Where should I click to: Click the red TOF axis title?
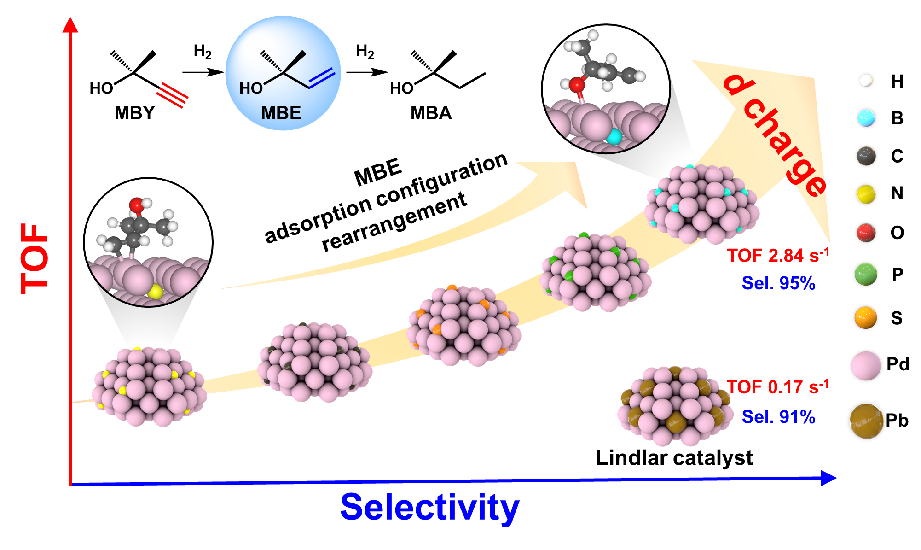(x=35, y=259)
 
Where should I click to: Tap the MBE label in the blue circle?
(x=281, y=113)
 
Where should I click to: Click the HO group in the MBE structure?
(x=251, y=88)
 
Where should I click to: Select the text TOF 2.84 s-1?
(x=778, y=256)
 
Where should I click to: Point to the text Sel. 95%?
(x=778, y=283)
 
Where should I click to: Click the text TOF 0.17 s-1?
(x=778, y=387)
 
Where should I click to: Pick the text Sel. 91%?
(x=778, y=417)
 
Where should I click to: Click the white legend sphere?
(x=866, y=80)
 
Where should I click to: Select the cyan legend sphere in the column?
(x=866, y=118)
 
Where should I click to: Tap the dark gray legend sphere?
(x=866, y=156)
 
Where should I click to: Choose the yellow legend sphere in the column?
(x=866, y=194)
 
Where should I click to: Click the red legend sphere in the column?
(x=866, y=233)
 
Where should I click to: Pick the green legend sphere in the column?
(x=866, y=275)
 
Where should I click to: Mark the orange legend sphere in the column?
(x=866, y=317)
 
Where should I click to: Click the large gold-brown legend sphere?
(x=867, y=421)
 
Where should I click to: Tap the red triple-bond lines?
(x=172, y=95)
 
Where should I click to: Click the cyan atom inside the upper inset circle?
(x=614, y=136)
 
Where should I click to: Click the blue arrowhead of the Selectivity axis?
(x=828, y=478)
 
